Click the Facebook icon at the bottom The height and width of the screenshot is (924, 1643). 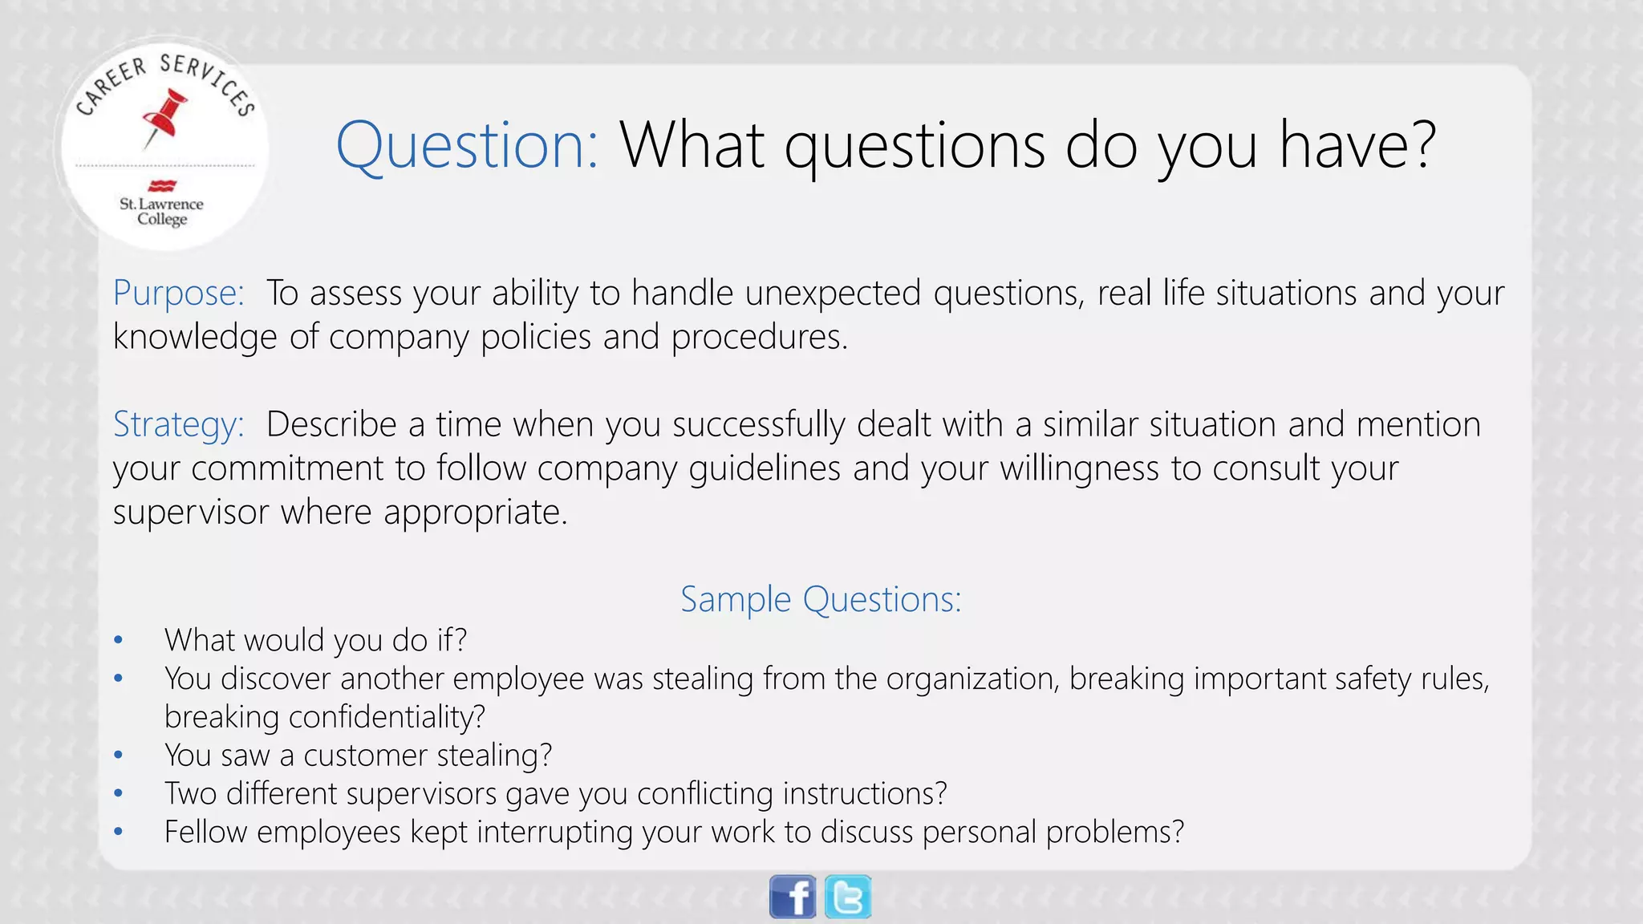point(793,897)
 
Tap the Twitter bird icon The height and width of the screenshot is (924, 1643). point(848,897)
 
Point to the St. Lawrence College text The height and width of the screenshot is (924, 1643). point(161,211)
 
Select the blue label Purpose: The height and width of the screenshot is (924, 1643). point(178,293)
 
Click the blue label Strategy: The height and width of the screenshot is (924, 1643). point(178,424)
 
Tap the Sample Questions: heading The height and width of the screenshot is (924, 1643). point(821,599)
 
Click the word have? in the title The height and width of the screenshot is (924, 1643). point(1357,145)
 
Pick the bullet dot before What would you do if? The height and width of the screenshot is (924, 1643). point(118,640)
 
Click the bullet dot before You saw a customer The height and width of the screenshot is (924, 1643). point(118,756)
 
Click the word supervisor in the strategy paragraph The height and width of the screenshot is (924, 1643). point(190,512)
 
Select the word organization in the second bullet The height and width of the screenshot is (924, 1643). point(972,679)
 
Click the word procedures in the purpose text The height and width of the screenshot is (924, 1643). point(758,337)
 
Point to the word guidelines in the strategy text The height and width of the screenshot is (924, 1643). point(764,468)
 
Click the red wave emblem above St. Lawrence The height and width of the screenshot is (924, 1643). point(162,186)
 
